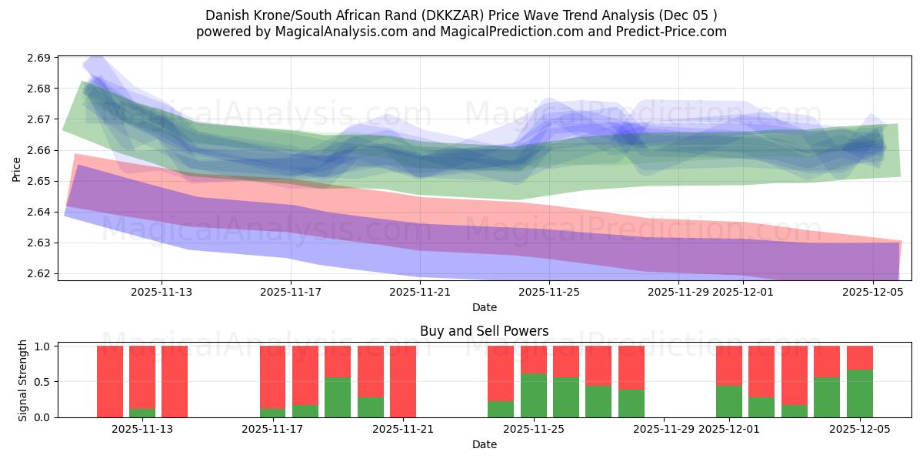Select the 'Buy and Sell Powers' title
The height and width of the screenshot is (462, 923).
click(484, 331)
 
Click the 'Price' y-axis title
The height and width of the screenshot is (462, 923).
click(16, 168)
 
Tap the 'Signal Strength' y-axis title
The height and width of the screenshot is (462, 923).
click(23, 380)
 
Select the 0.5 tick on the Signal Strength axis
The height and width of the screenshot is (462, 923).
click(43, 382)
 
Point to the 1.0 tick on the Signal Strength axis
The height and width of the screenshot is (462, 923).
click(43, 346)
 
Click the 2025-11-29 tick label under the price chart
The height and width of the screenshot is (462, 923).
click(678, 292)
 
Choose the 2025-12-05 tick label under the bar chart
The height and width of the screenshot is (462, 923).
click(858, 429)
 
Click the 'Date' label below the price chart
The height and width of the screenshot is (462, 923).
click(484, 307)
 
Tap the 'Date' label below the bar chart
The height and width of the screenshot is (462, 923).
click(484, 444)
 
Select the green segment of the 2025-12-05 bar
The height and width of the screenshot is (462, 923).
click(860, 393)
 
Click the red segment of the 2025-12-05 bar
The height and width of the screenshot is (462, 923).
click(860, 357)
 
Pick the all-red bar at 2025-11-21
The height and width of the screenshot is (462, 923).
click(403, 381)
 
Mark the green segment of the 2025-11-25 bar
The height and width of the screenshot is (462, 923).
click(534, 395)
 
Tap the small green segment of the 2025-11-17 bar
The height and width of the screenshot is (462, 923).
click(273, 413)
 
